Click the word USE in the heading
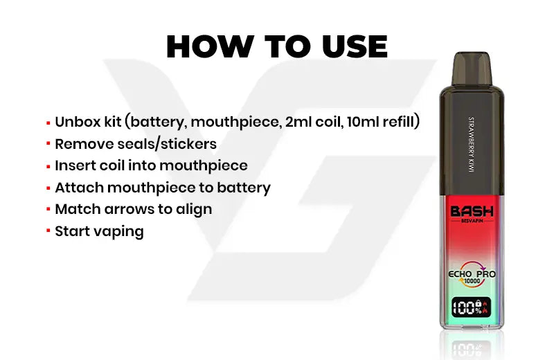(355, 46)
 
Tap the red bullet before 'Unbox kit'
(48, 123)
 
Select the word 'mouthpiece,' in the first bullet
(235, 123)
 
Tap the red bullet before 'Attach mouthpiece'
(48, 188)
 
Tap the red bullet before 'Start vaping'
(48, 232)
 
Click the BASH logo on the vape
(472, 212)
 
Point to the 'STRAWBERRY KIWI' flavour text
(472, 145)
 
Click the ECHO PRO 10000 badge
(472, 273)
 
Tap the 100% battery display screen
(472, 307)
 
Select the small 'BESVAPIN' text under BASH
(472, 221)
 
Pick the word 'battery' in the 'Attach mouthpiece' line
(244, 188)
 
